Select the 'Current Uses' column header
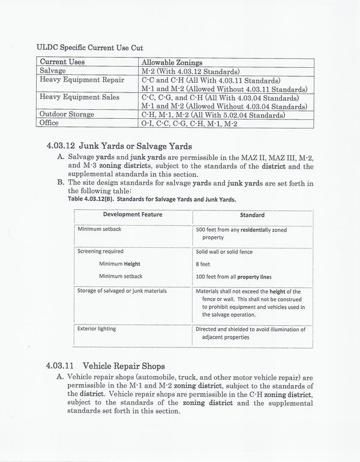pyautogui.click(x=62, y=62)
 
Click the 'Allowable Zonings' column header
pyautogui.click(x=172, y=62)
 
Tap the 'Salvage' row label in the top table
pyautogui.click(x=53, y=71)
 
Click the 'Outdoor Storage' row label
pyautogui.click(x=67, y=114)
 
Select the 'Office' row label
pyautogui.click(x=51, y=122)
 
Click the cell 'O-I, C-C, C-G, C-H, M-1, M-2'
pyautogui.click(x=190, y=122)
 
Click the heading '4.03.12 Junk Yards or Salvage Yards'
pyautogui.click(x=118, y=146)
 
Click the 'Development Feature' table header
pyautogui.click(x=133, y=215)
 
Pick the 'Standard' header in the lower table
pyautogui.click(x=252, y=215)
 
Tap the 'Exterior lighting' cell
pyautogui.click(x=97, y=329)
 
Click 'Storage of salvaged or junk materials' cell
pyautogui.click(x=122, y=291)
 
